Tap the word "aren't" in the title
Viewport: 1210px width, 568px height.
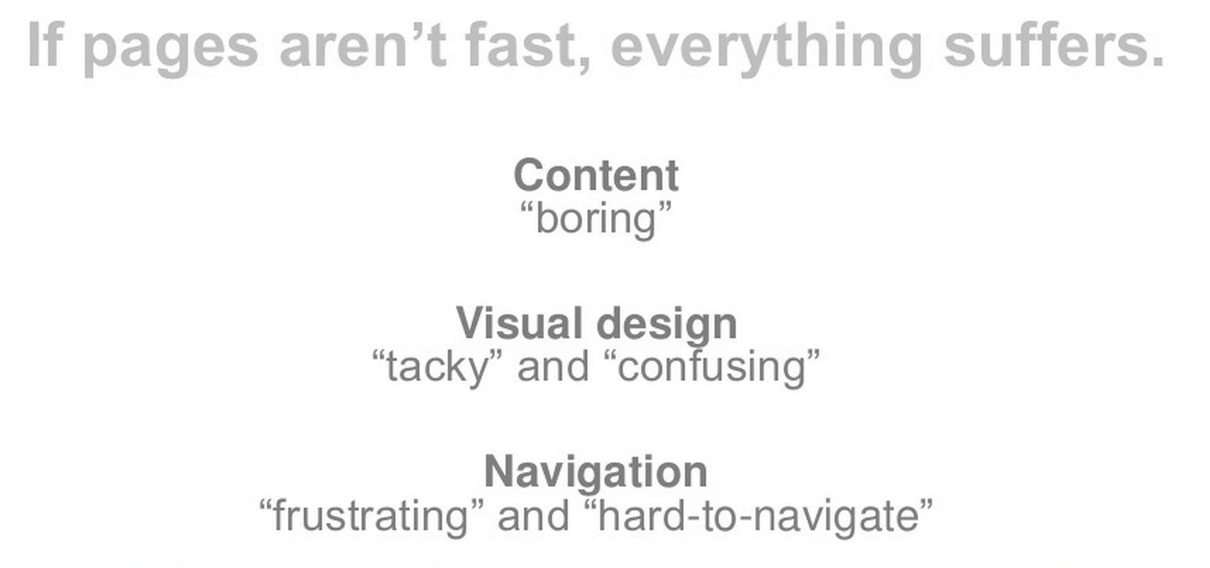pyautogui.click(x=363, y=44)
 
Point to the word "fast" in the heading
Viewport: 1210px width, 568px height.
pyautogui.click(x=521, y=44)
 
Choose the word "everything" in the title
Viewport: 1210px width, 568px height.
pyautogui.click(x=767, y=50)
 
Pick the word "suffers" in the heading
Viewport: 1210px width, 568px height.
pyautogui.click(x=1045, y=44)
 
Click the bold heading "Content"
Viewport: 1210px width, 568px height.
pyautogui.click(x=596, y=176)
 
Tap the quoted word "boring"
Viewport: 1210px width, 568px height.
pyautogui.click(x=596, y=219)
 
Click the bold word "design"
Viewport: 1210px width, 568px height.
pyautogui.click(x=667, y=326)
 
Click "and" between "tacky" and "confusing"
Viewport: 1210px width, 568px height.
pyautogui.click(x=553, y=367)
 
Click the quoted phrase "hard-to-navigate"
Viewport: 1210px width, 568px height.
pyautogui.click(x=759, y=517)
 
